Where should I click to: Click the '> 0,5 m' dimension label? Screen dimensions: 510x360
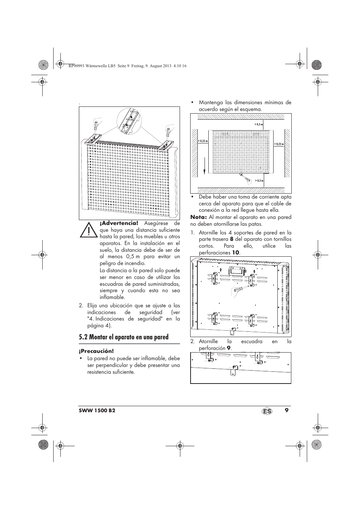point(258,124)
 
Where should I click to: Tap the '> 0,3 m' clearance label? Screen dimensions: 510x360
point(258,181)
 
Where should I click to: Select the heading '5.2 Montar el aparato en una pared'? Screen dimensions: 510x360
point(124,337)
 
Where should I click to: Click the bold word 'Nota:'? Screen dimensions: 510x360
point(198,217)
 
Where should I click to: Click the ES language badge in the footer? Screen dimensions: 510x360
point(267,411)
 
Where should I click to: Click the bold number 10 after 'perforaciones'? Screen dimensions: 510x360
point(235,253)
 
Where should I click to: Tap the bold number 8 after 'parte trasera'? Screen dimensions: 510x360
point(232,239)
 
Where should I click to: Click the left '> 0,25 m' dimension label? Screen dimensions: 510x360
point(203,141)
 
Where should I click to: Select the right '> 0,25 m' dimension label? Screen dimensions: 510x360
point(278,144)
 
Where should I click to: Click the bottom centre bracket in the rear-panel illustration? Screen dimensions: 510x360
point(232,332)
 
